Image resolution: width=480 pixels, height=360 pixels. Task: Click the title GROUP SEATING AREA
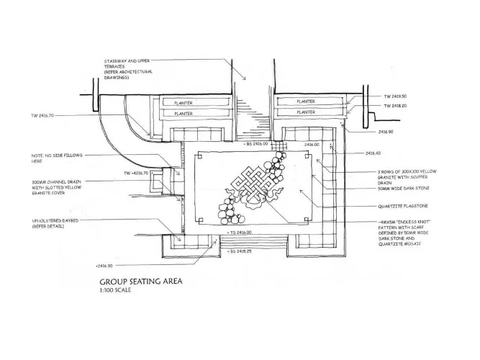point(141,282)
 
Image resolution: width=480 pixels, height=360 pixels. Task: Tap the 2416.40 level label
point(372,153)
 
